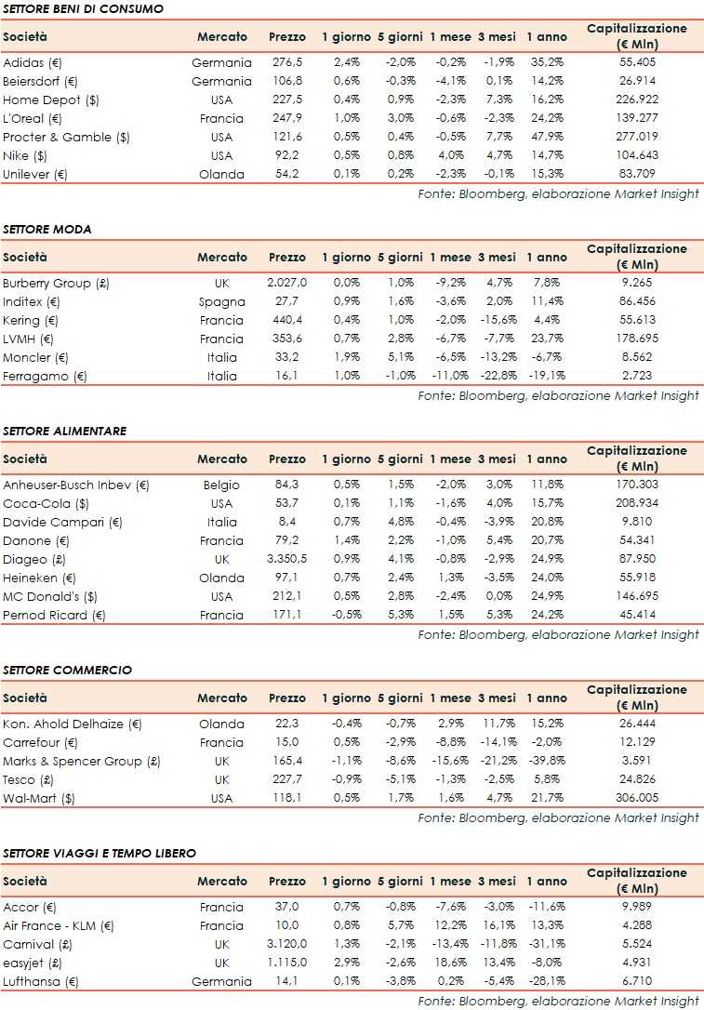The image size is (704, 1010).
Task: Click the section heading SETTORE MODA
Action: point(47,229)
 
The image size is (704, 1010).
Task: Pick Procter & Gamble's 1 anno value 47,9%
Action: point(546,137)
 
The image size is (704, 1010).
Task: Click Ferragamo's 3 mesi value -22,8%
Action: point(497,376)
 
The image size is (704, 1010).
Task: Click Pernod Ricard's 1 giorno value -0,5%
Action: point(346,615)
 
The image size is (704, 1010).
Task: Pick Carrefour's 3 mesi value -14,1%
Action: point(497,742)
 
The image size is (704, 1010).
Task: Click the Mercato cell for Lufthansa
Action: point(221,981)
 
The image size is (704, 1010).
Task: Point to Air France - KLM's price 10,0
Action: point(287,925)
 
